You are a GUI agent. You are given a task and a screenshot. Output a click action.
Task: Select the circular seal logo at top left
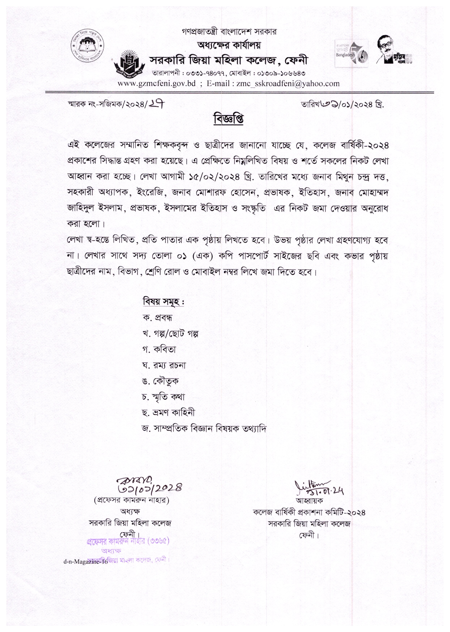[x=87, y=45]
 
